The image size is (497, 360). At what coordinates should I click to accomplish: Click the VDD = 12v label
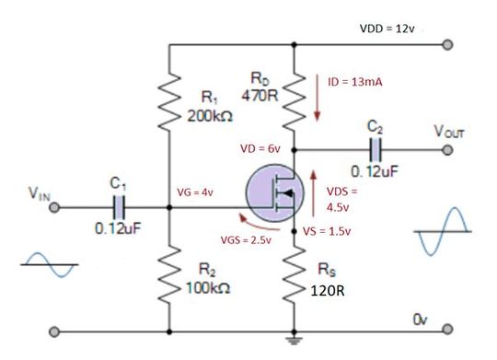pyautogui.click(x=387, y=29)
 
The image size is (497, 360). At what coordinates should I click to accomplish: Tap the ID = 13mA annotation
pyautogui.click(x=355, y=83)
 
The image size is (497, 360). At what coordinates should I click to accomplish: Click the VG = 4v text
pyautogui.click(x=195, y=192)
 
